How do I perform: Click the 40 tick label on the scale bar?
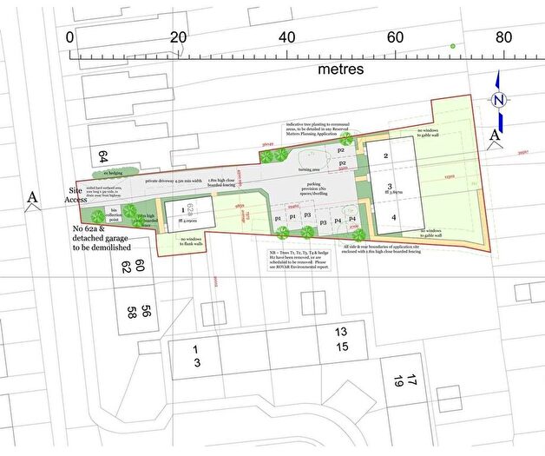[x=286, y=36]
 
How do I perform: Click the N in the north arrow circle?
[x=498, y=99]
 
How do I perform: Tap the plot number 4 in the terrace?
[x=392, y=216]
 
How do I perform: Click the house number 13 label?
[x=341, y=332]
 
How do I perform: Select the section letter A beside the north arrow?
[x=495, y=135]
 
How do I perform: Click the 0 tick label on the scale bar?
[x=70, y=36]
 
